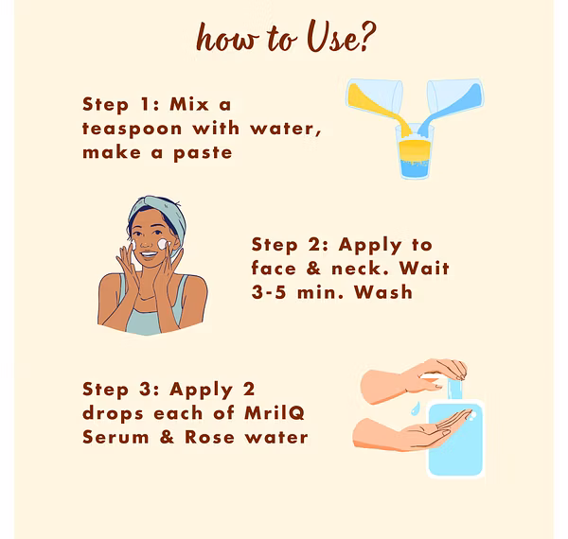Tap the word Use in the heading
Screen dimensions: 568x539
(333, 36)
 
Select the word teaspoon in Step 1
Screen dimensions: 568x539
(133, 130)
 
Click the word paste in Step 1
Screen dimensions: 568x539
(203, 153)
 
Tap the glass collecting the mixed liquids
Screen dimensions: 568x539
(415, 152)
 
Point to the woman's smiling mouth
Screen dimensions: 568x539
(149, 254)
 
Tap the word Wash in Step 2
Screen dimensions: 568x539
(383, 292)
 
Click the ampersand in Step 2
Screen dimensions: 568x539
(313, 269)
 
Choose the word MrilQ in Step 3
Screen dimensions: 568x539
(275, 413)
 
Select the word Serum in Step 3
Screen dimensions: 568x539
(115, 437)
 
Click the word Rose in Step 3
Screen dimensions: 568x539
(210, 437)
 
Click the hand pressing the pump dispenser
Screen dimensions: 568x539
(413, 380)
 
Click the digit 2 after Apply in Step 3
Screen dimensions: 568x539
(249, 390)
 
